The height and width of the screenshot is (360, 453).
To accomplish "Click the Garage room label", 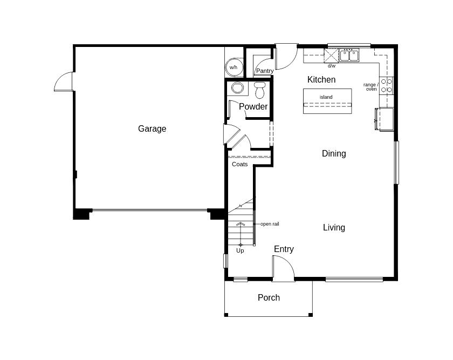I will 152,128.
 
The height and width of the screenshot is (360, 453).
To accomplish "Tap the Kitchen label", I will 321,80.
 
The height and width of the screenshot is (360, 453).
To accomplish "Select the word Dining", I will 334,154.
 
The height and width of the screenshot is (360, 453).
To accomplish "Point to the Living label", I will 334,228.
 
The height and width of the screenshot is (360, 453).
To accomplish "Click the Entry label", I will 284,249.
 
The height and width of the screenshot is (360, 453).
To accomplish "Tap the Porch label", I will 269,298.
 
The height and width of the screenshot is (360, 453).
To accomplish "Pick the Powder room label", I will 253,107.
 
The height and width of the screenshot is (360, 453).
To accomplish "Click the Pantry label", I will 265,71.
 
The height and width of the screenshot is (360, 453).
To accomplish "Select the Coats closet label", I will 240,164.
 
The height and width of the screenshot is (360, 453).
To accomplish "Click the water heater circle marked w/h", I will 234,67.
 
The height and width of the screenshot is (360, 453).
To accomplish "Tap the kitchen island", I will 327,101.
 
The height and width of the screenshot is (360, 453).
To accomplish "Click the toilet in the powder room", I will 260,89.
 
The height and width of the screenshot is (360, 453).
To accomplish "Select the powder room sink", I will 237,87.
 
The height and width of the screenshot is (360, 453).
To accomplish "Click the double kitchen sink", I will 349,55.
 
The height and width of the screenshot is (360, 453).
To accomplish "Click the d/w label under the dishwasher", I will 332,66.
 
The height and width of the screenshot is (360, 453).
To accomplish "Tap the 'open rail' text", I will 270,224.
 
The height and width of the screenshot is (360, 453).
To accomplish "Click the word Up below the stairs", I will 240,250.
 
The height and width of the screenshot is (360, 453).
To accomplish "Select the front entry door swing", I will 283,268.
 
